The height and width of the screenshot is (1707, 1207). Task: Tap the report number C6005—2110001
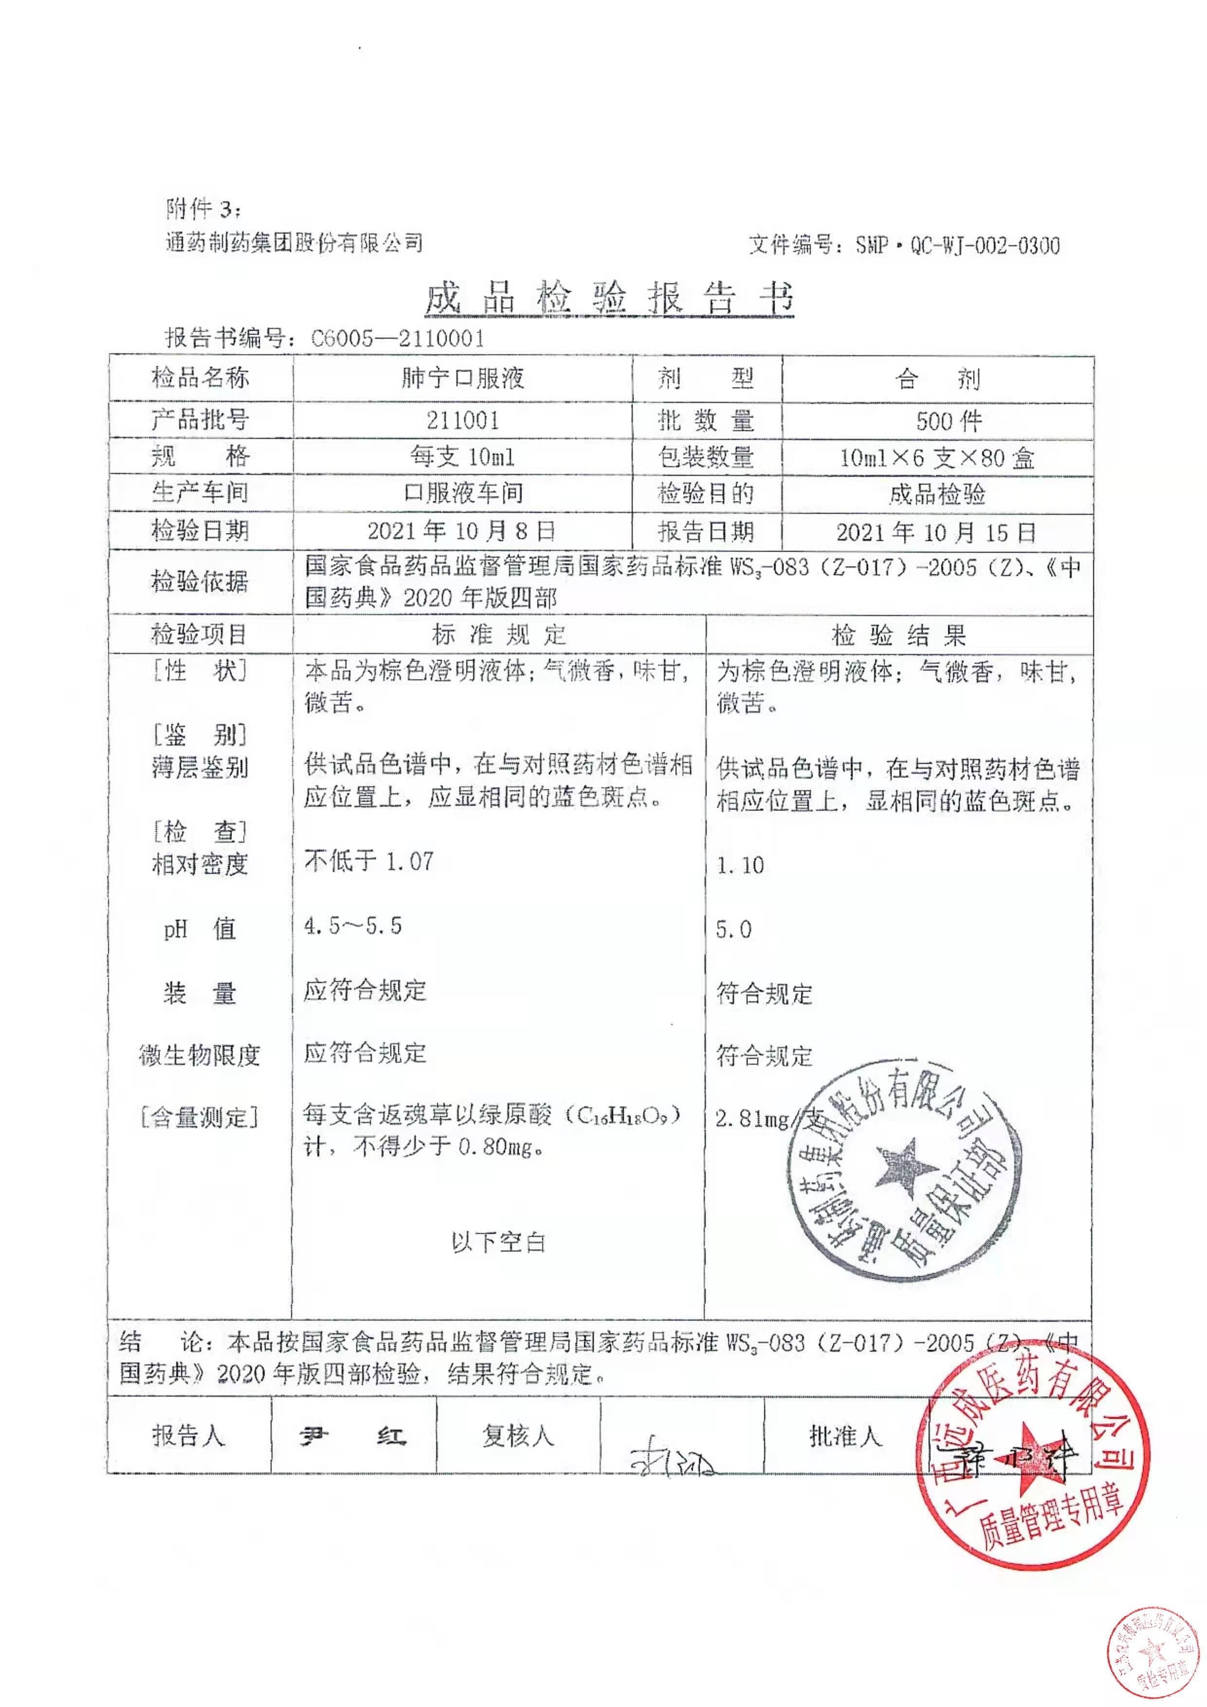(x=398, y=339)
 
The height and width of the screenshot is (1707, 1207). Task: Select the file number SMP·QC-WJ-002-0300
(x=958, y=245)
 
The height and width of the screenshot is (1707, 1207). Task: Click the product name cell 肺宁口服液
(x=462, y=379)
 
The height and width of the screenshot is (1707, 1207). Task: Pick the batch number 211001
(x=462, y=420)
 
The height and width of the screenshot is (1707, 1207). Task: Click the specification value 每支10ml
(x=462, y=456)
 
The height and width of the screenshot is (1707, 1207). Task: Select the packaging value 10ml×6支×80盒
(x=937, y=458)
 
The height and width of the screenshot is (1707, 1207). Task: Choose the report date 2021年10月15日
(x=936, y=532)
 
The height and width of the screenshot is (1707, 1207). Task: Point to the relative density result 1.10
(x=740, y=865)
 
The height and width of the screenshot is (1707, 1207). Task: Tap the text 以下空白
(x=498, y=1242)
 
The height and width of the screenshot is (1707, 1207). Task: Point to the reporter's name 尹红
(x=353, y=1437)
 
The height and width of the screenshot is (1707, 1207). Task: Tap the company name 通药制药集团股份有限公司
(x=294, y=242)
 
